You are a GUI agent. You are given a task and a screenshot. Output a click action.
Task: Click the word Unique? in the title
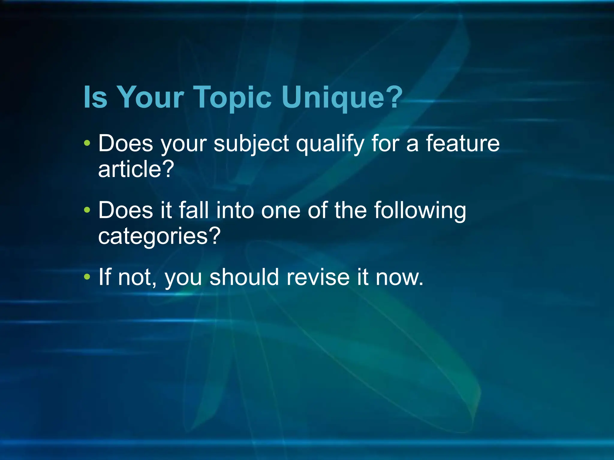[x=342, y=98]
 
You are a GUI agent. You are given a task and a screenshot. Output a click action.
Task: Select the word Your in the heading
[x=150, y=98]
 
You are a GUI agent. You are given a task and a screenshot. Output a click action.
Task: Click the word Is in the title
[x=95, y=98]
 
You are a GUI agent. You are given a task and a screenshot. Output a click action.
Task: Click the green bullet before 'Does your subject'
[x=87, y=143]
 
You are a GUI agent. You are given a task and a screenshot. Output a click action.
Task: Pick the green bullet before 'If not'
[x=87, y=276]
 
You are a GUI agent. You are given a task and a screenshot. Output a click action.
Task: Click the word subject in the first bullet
[x=251, y=144]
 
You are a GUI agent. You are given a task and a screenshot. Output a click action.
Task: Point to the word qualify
[x=330, y=144]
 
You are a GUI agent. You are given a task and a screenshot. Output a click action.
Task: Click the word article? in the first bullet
[x=136, y=169]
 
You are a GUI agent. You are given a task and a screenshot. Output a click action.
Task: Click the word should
[x=244, y=277]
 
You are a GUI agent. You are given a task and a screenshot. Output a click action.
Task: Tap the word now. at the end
[x=399, y=277]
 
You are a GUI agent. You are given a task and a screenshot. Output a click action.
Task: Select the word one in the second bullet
[x=281, y=210]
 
